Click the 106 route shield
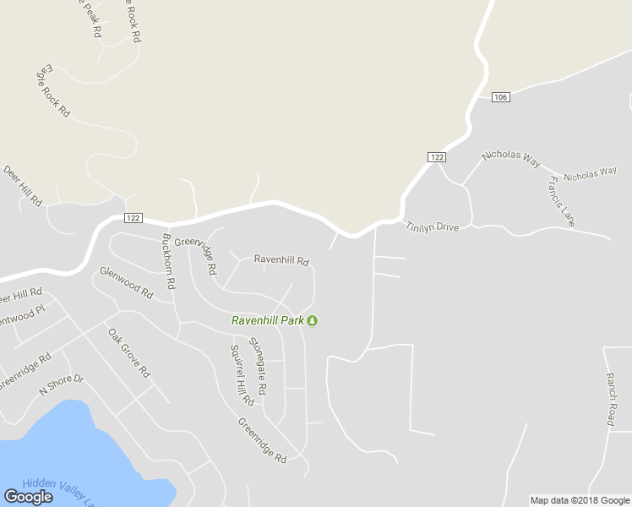coord(501,97)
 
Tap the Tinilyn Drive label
coord(431,227)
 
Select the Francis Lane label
coord(561,201)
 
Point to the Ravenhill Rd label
coord(281,260)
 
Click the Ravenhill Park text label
coord(268,320)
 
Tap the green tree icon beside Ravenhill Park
coord(313,320)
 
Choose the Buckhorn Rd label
coord(168,261)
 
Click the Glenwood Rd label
coord(126,283)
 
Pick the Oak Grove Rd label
coord(128,352)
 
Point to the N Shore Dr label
coord(63,385)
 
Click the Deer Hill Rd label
coord(23,186)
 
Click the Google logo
coord(28,497)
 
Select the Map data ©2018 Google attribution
coord(580,500)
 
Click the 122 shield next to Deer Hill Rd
coord(133,218)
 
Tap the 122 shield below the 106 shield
coord(437,157)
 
